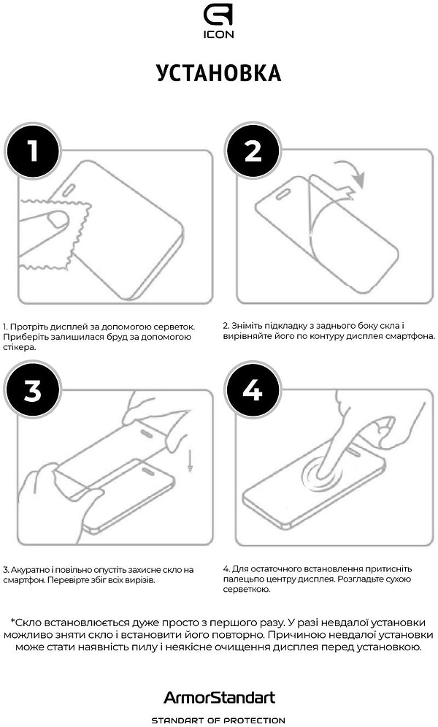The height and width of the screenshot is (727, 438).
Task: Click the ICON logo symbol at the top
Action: pos(218,16)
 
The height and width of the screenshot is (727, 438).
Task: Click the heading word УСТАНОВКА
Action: pos(218,73)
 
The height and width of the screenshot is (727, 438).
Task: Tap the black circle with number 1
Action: pos(33,151)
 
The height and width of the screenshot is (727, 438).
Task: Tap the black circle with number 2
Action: pos(253,151)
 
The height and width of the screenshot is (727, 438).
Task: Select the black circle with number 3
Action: pos(33,389)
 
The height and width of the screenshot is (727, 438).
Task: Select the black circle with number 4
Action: pos(253,389)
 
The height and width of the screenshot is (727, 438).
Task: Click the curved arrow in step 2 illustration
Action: pos(353,172)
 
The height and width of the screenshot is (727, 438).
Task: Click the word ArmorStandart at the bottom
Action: pos(219,697)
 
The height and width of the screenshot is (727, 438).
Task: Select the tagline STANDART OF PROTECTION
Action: pos(218,720)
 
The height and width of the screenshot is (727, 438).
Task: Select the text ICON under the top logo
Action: pos(218,34)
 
